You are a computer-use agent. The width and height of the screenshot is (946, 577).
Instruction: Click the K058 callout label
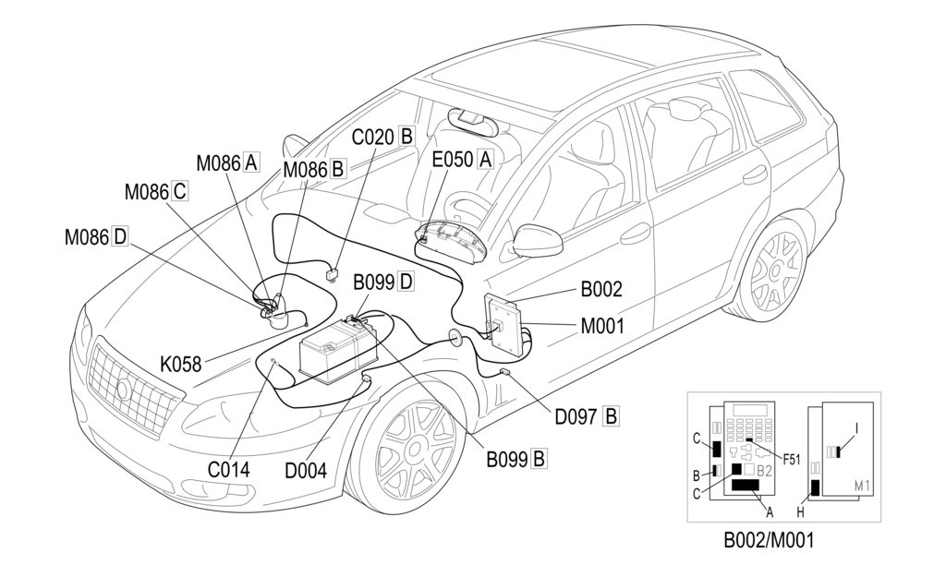(x=180, y=365)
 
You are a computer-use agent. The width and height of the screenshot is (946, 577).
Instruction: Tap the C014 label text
(x=229, y=470)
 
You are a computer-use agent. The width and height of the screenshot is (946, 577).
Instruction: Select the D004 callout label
(x=306, y=471)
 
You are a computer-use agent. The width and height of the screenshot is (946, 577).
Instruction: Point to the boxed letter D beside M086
(x=120, y=237)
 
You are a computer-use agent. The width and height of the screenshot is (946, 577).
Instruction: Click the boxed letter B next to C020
(x=406, y=137)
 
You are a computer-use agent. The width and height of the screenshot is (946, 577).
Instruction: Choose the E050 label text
(x=452, y=160)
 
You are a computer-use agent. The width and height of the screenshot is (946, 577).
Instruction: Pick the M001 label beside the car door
(x=602, y=326)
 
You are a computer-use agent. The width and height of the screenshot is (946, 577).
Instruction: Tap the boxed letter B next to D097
(x=611, y=416)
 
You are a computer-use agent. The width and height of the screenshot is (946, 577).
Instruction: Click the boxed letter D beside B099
(x=406, y=282)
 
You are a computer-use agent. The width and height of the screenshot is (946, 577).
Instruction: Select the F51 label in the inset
(x=791, y=460)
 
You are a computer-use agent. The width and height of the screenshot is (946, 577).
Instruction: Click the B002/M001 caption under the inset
(x=769, y=540)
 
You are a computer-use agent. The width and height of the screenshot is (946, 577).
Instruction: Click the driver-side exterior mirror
(x=538, y=241)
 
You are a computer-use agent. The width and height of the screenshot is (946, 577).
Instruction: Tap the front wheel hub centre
(x=414, y=449)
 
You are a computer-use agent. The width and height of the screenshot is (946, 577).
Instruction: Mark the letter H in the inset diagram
(x=801, y=512)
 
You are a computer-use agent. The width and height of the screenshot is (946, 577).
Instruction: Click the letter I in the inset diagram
(x=856, y=428)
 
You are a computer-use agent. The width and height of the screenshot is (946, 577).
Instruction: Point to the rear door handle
(x=755, y=174)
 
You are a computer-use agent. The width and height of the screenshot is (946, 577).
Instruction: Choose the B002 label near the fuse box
(x=600, y=289)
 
